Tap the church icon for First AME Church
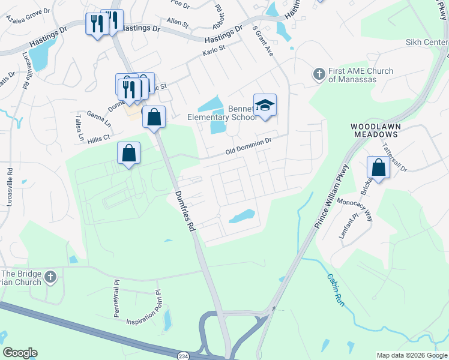coord(319,74)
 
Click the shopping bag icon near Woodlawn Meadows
coord(379,167)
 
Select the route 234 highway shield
coord(183,356)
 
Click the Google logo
coord(20,353)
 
